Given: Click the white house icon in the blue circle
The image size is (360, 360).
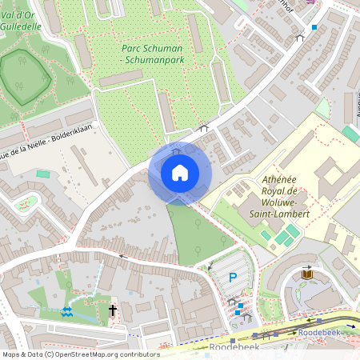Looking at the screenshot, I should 180,173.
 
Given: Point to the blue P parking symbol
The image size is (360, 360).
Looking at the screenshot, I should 233,278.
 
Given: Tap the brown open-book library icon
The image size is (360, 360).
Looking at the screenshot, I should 307,274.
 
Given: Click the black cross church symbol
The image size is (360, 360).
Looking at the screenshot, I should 113,310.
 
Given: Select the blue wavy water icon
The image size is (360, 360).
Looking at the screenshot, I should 66,310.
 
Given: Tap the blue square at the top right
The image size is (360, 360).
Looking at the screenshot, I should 314,27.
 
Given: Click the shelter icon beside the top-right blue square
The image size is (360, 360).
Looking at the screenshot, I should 300,37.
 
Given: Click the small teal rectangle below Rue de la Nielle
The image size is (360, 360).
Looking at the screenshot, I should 42,174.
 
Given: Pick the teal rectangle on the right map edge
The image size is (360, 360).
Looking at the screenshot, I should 350,134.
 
